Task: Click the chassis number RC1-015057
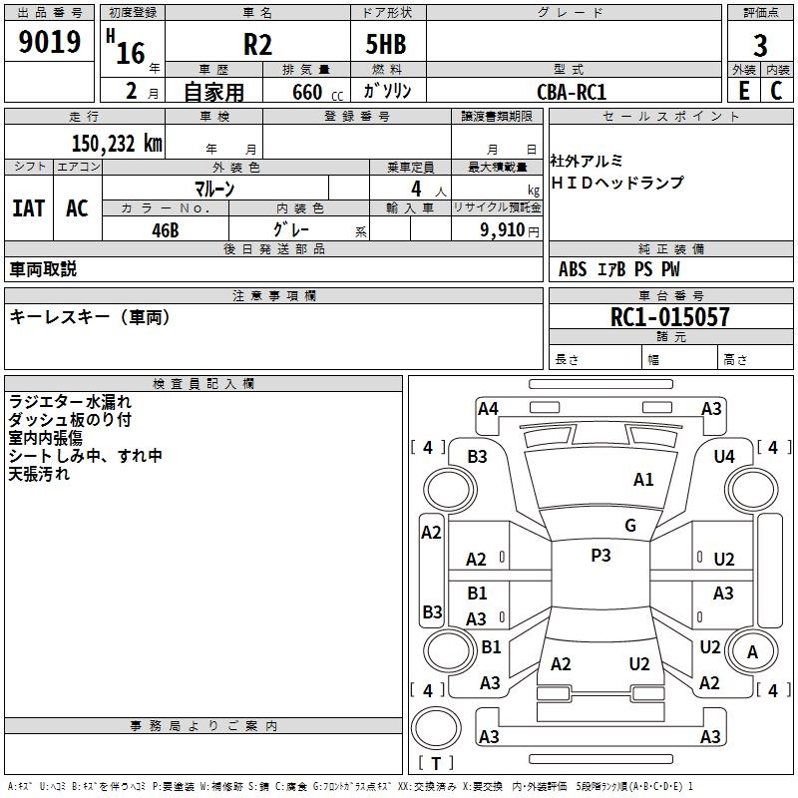click(669, 317)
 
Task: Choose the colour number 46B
click(166, 229)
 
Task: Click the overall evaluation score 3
click(760, 46)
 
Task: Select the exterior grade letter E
click(743, 91)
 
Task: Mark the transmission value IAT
click(29, 207)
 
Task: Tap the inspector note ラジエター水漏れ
click(71, 402)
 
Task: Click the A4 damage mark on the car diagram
click(488, 408)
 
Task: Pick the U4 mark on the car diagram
click(724, 456)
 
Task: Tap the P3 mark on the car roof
click(600, 556)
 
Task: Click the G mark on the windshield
click(629, 526)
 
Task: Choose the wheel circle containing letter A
click(753, 652)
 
